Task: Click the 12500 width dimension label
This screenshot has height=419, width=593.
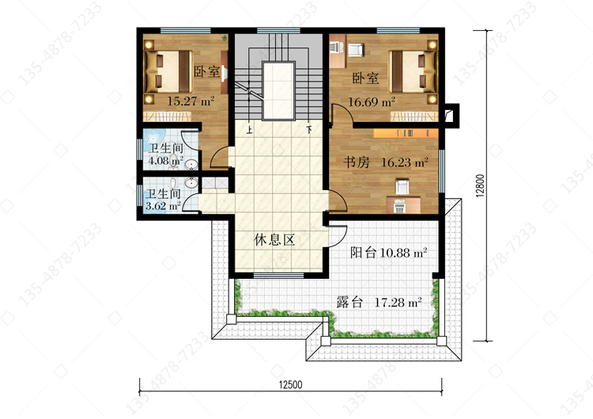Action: pos(290,385)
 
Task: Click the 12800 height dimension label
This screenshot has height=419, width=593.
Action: pos(480,186)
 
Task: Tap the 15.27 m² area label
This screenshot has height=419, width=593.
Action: pos(191,101)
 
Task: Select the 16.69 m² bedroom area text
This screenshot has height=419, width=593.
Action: pos(372,101)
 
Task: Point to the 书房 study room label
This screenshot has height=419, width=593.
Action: pos(357,162)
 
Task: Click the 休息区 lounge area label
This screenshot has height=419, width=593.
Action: pos(274,240)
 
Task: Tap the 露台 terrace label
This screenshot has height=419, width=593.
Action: pos(349,303)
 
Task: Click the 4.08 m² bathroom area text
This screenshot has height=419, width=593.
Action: pos(166,161)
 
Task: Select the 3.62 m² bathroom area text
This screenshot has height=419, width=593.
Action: pos(163,206)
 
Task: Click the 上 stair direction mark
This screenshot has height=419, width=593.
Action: pos(249,131)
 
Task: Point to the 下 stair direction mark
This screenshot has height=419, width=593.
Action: pos(309,130)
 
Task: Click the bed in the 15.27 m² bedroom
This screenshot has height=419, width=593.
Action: pos(168,71)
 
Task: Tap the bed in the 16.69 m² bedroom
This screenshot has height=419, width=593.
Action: pos(413,71)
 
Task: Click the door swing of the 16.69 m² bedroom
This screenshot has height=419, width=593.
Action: pos(342,114)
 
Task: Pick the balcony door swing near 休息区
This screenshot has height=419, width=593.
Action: pos(337,236)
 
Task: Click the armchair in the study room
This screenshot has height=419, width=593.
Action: pos(402,186)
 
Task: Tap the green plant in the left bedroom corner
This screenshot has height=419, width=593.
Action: pos(225,38)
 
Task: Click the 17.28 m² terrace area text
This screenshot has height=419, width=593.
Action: pos(398,303)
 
